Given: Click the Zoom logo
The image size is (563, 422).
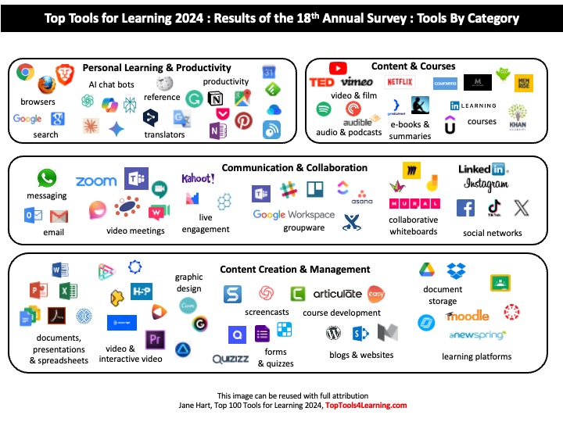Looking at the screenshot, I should tap(95, 181).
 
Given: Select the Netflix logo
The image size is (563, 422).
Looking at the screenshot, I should tap(400, 81).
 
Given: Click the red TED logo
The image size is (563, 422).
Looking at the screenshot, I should tap(321, 82).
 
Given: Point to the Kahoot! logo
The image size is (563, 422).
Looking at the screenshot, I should tap(198, 179).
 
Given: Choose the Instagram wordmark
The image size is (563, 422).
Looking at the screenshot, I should tap(486, 185).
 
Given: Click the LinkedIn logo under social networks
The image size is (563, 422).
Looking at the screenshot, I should tap(484, 169).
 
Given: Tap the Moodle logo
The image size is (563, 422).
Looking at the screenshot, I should tap(468, 316).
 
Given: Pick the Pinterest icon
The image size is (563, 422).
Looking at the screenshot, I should tap(243, 120).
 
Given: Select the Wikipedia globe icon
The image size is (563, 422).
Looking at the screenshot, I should tap(164, 84).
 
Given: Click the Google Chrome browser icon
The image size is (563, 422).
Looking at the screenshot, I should tap(25, 73).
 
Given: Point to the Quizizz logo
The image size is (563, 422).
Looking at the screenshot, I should tap(231, 359).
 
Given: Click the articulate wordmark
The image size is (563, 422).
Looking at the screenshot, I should tap(337, 294).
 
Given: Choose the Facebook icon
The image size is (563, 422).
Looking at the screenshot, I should tap(466, 208).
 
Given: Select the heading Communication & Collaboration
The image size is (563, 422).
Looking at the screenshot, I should tap(294, 168).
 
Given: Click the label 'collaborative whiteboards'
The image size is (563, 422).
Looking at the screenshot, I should tap(414, 226).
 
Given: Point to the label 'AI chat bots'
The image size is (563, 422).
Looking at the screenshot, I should tap(111, 84).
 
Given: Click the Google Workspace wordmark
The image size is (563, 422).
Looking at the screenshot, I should tap(293, 215).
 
